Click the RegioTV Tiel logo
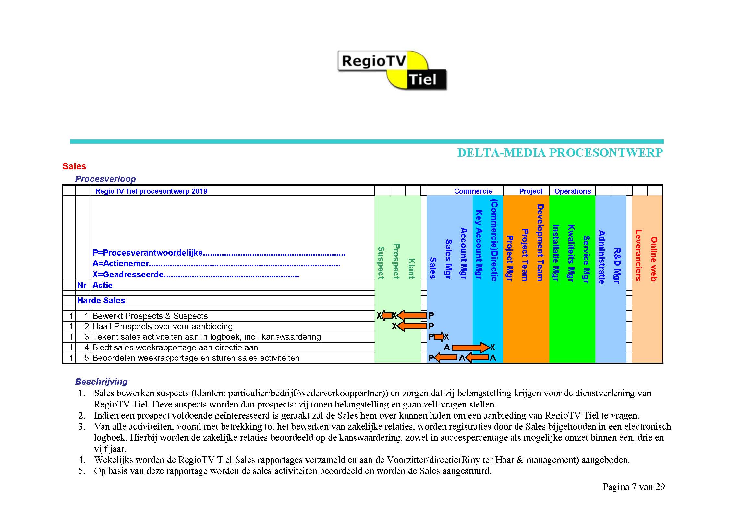point(392,70)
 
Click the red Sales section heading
point(74,166)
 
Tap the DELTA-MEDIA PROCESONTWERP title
point(560,152)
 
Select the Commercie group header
point(473,191)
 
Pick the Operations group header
point(573,191)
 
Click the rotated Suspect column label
point(381,263)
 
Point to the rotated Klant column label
point(411,269)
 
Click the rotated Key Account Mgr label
point(479,245)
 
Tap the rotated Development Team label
point(540,242)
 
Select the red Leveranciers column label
point(638,255)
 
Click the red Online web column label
point(654,259)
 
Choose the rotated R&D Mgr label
point(617,265)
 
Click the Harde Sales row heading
point(101,300)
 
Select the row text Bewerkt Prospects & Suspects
point(150,316)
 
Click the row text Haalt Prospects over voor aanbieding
point(163,326)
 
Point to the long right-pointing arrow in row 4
point(471,347)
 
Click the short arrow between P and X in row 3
point(439,337)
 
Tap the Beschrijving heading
point(101,382)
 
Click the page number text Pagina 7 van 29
point(634,487)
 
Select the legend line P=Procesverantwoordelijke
point(219,253)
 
